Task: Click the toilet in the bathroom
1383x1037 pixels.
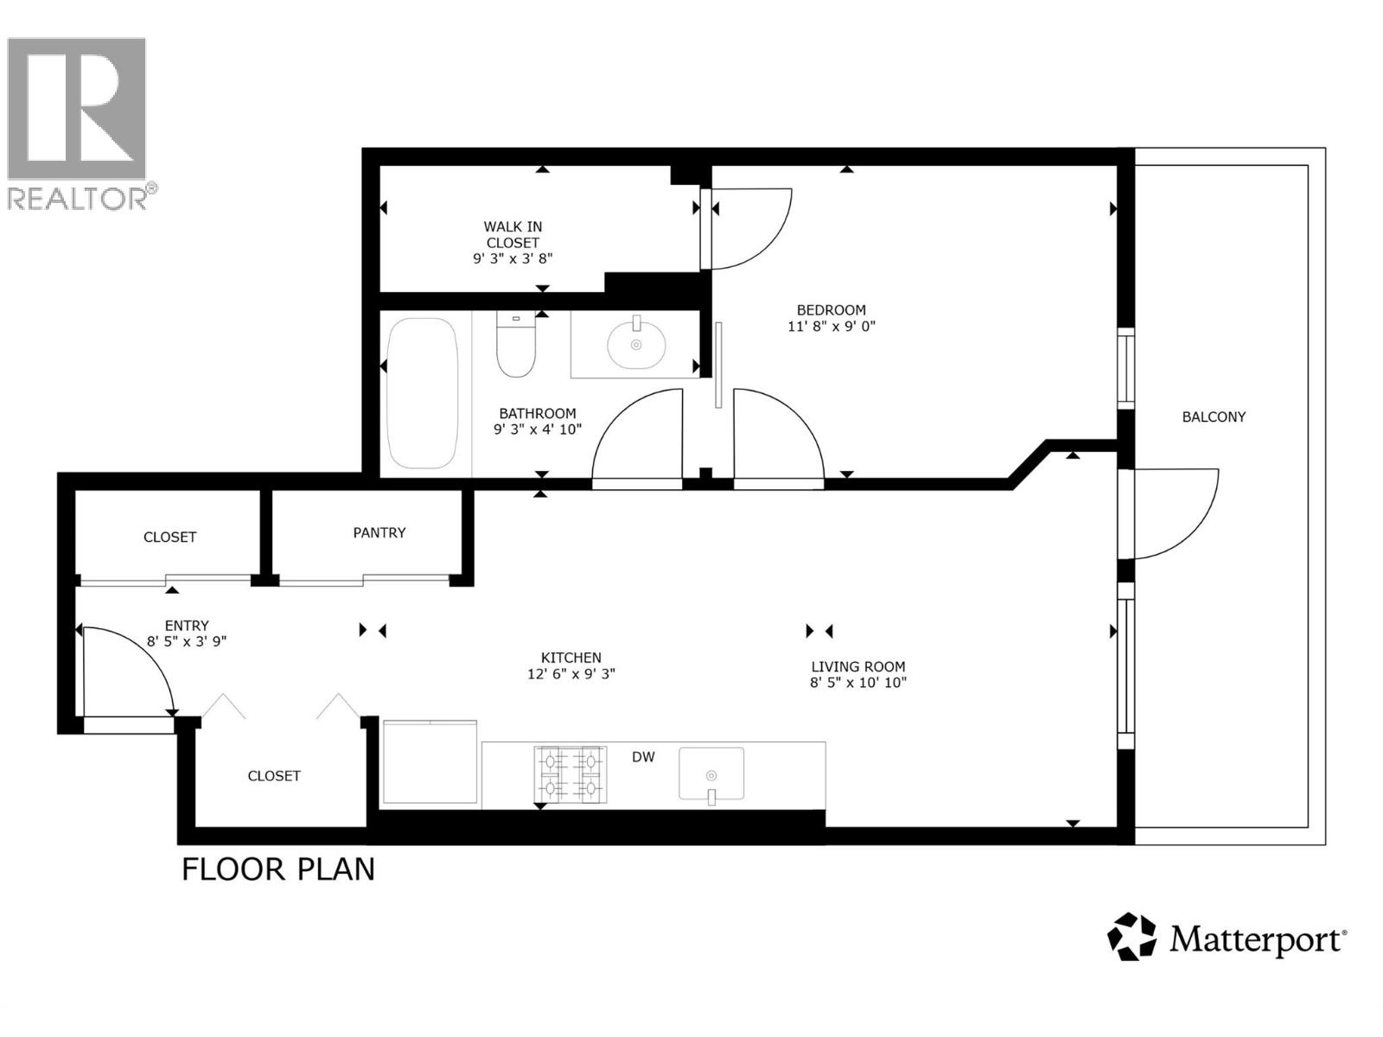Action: click(x=516, y=346)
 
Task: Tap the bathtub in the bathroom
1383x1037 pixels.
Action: click(x=422, y=393)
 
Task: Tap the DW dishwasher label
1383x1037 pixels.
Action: click(x=643, y=757)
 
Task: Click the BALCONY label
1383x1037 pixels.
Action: click(x=1214, y=417)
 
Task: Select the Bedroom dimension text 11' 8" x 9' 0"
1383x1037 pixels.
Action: click(x=831, y=327)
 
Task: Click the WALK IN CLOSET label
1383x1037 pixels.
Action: click(x=513, y=235)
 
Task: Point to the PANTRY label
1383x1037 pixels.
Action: click(x=379, y=532)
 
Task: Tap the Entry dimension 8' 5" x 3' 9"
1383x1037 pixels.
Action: click(x=186, y=641)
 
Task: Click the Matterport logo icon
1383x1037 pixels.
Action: click(x=1131, y=937)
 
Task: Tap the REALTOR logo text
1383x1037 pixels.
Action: click(x=78, y=199)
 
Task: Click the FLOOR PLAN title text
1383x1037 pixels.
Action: click(x=278, y=869)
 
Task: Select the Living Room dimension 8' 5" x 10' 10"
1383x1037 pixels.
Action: click(x=857, y=683)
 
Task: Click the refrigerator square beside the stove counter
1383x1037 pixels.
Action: click(x=430, y=762)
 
